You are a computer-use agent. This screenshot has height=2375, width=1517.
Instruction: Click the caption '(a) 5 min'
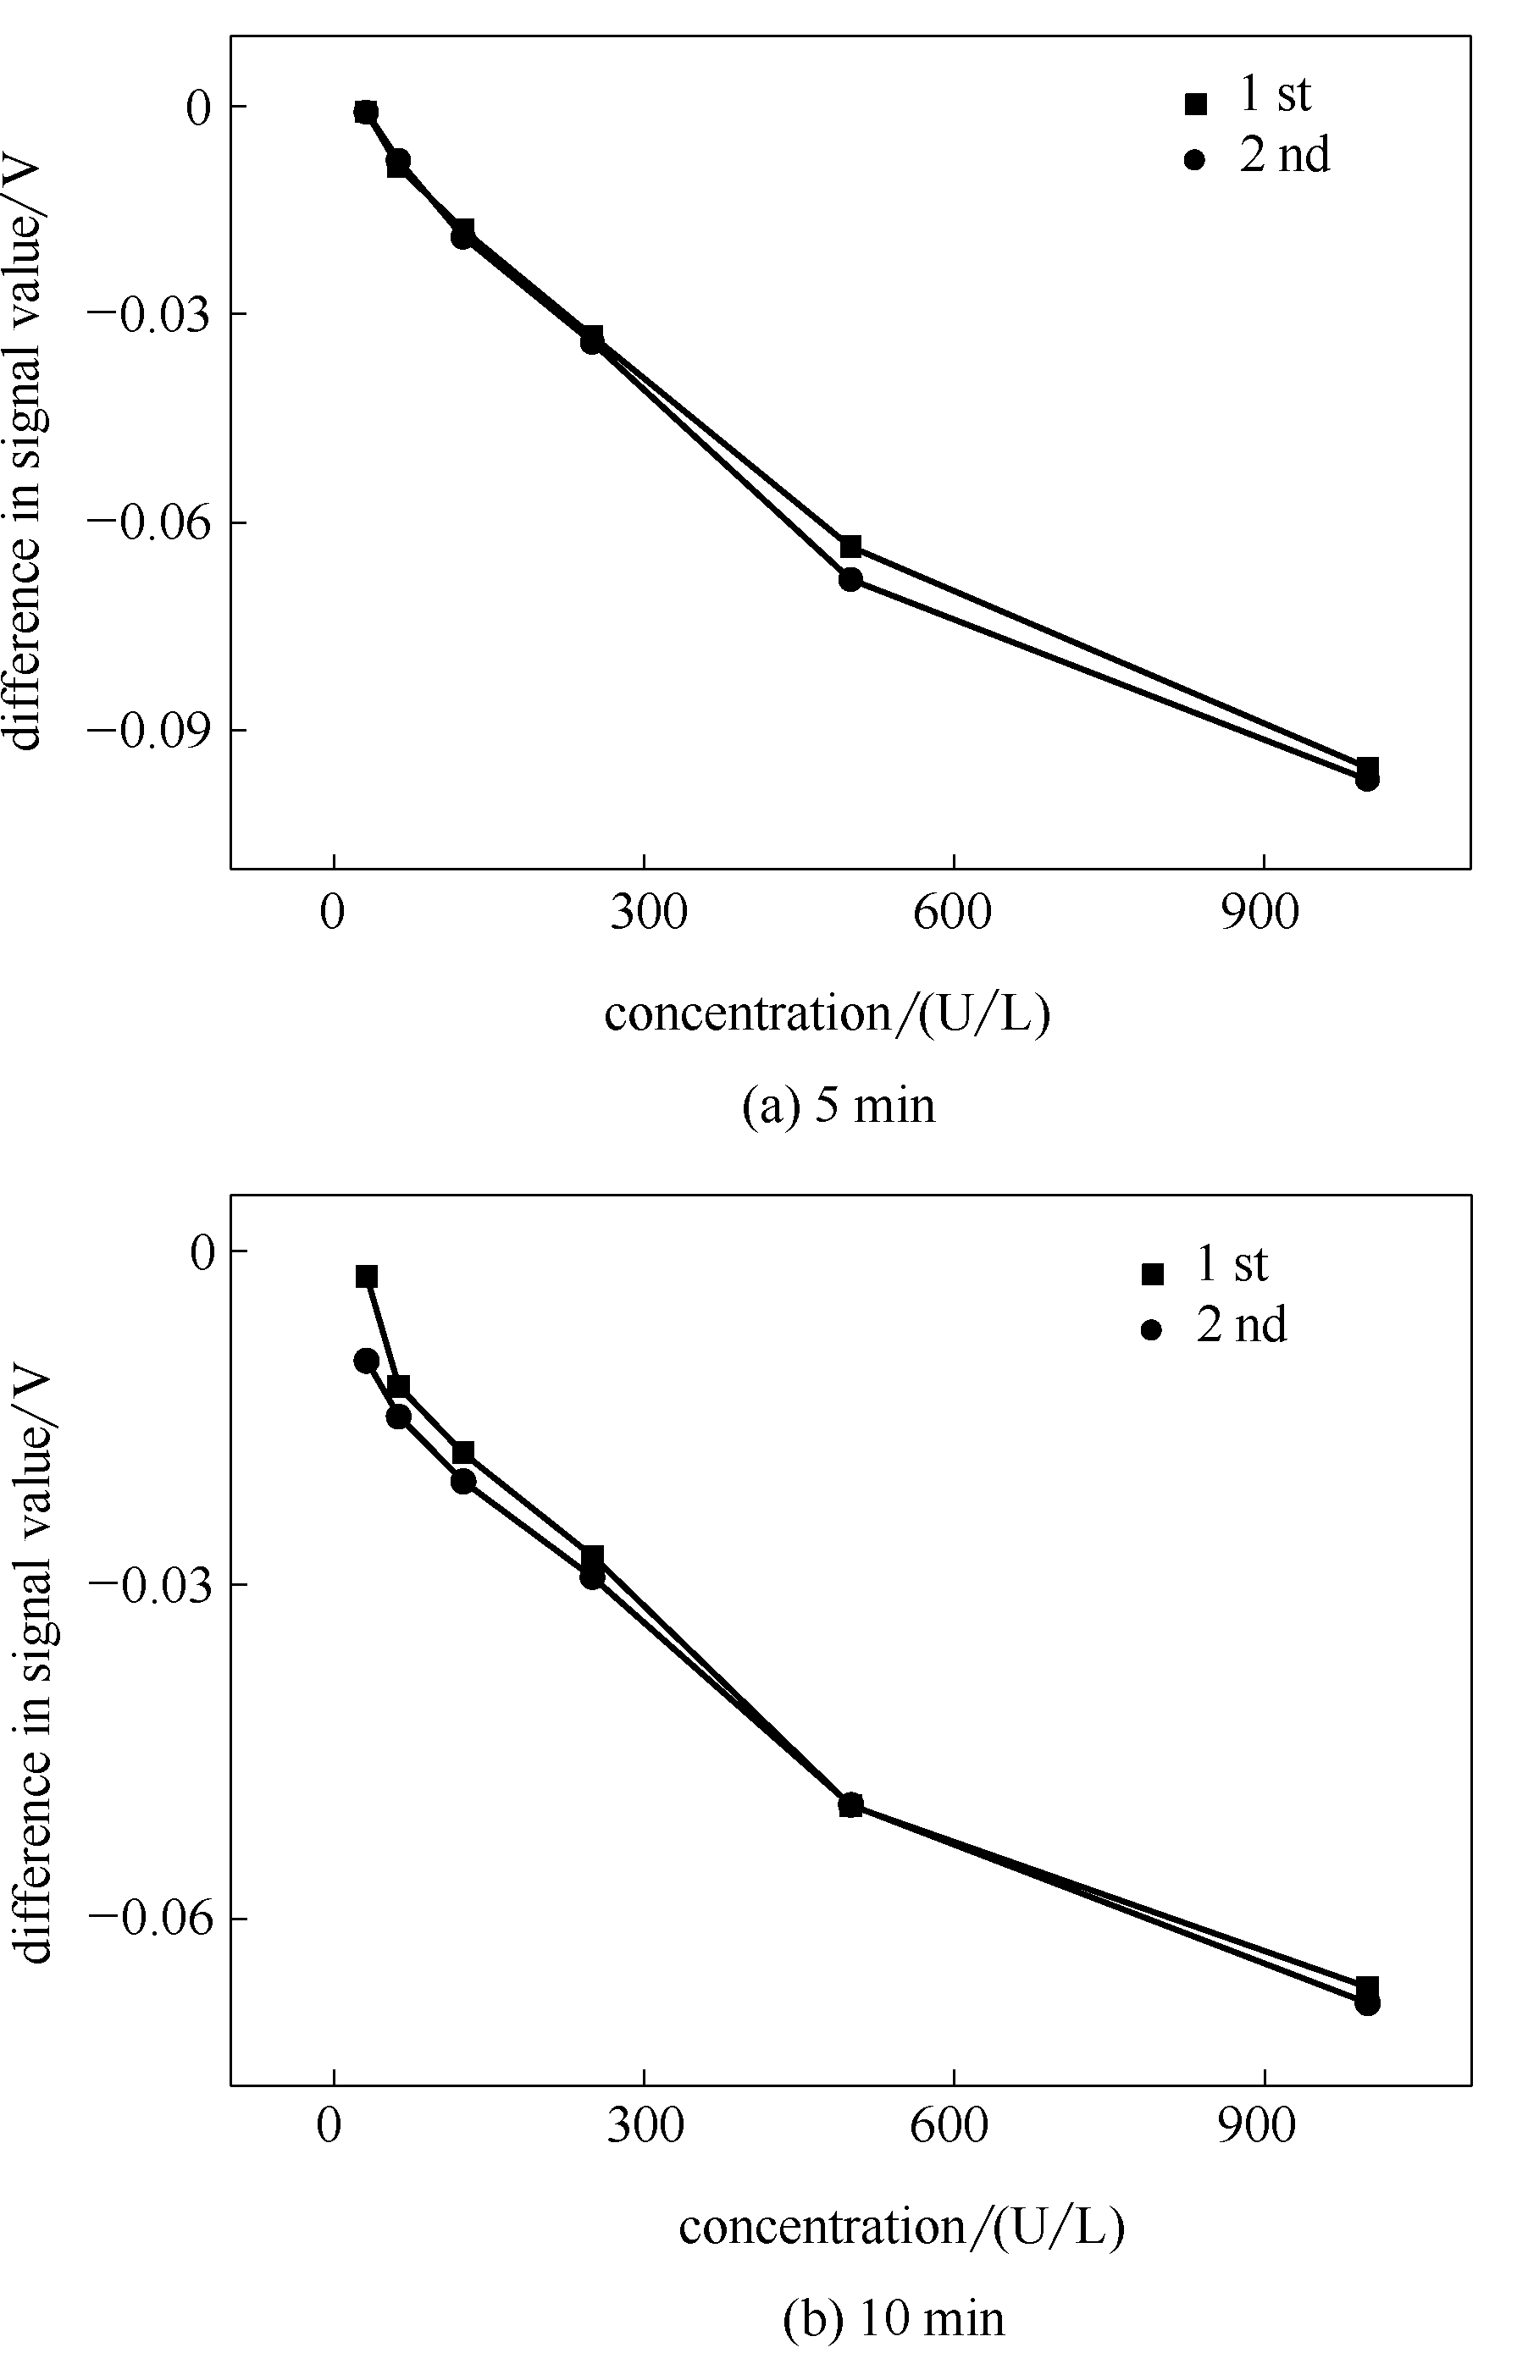pos(839,1106)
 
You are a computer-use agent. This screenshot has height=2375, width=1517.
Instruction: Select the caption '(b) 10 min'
pos(894,2311)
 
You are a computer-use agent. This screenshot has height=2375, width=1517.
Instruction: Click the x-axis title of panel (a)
pos(827,1014)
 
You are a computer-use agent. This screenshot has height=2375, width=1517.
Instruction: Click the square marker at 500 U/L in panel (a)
pos(850,546)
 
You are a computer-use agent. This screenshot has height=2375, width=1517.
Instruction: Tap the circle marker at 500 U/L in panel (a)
pos(850,579)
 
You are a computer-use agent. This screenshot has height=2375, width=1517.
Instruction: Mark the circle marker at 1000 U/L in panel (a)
pos(1367,779)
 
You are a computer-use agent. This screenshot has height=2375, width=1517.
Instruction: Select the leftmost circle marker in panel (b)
pos(366,1361)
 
